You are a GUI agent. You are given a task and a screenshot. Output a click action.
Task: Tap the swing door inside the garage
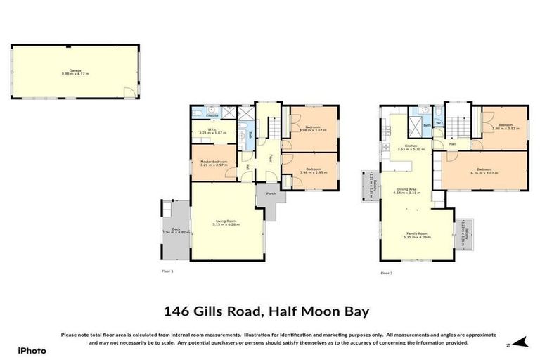127,92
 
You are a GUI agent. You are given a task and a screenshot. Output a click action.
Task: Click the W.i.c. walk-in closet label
212,129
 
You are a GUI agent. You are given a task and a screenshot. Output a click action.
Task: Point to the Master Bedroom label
212,162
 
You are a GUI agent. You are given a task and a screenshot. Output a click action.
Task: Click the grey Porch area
270,195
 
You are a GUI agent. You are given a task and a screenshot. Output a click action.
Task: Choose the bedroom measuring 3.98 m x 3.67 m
311,129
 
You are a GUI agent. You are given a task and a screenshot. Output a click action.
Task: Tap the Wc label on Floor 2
438,123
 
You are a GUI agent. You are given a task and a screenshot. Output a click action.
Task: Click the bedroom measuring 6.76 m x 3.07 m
484,171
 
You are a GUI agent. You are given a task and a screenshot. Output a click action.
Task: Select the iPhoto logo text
31,349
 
